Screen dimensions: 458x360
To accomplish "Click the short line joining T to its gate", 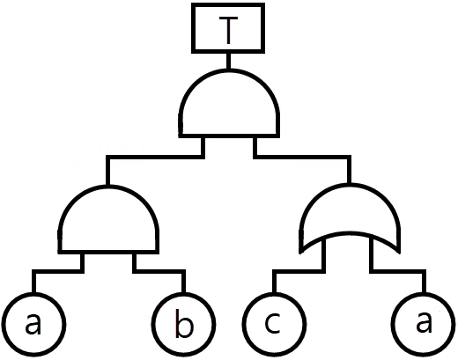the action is pos(228,61).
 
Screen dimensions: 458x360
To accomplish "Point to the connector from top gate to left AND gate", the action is pos(156,157).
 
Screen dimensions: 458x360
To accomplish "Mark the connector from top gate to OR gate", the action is pos(302,157).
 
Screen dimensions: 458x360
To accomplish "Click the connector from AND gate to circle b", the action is pos(159,271).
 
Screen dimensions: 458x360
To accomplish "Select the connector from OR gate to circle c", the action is pos(299,271).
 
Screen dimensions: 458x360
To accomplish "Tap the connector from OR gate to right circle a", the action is pos(397,271).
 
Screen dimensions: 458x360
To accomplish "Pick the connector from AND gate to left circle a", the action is pos(58,271).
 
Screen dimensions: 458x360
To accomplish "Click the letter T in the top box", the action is pos(228,30).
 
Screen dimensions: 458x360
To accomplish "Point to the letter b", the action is pos(184,323).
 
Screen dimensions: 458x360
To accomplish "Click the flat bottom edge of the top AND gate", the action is pos(229,136).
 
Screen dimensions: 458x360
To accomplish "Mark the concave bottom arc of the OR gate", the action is pos(350,233).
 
